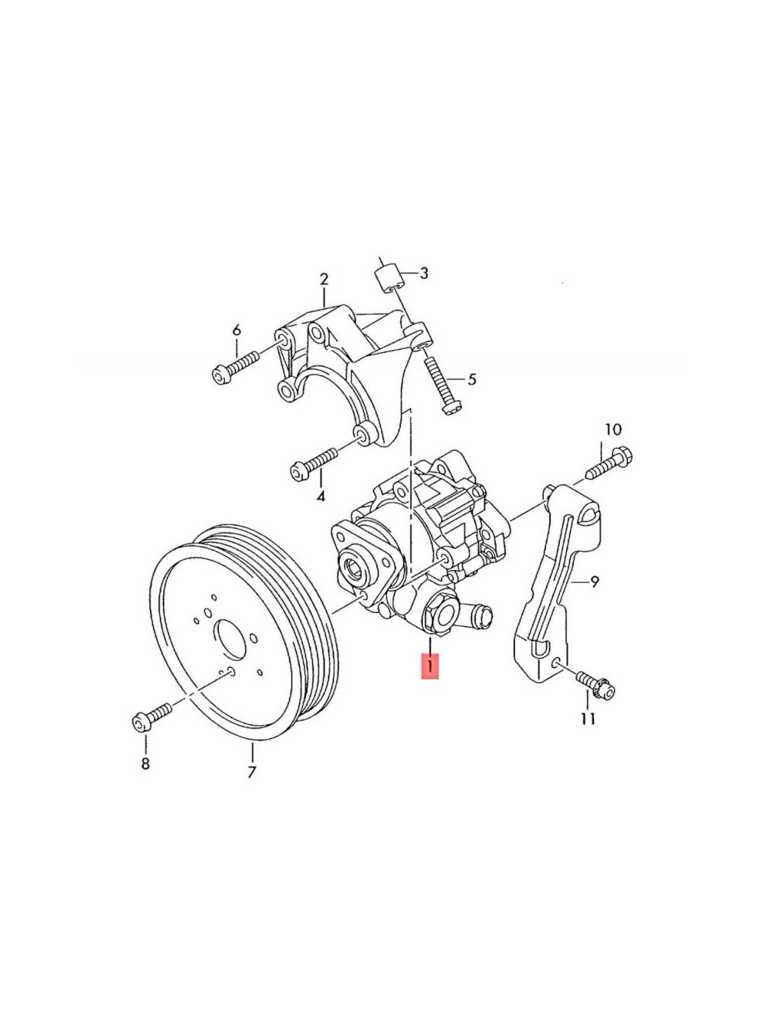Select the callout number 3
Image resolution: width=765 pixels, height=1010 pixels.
424,273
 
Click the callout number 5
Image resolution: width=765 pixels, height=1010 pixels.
471,380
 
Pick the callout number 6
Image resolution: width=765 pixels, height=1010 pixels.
236,330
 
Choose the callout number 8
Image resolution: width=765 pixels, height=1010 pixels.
145,764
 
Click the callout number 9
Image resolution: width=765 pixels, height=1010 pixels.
595,582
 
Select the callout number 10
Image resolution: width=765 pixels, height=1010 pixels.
614,429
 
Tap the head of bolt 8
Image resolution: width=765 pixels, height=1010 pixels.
140,725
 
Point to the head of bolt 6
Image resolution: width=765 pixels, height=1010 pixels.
221,375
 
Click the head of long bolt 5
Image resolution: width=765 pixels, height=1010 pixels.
450,408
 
